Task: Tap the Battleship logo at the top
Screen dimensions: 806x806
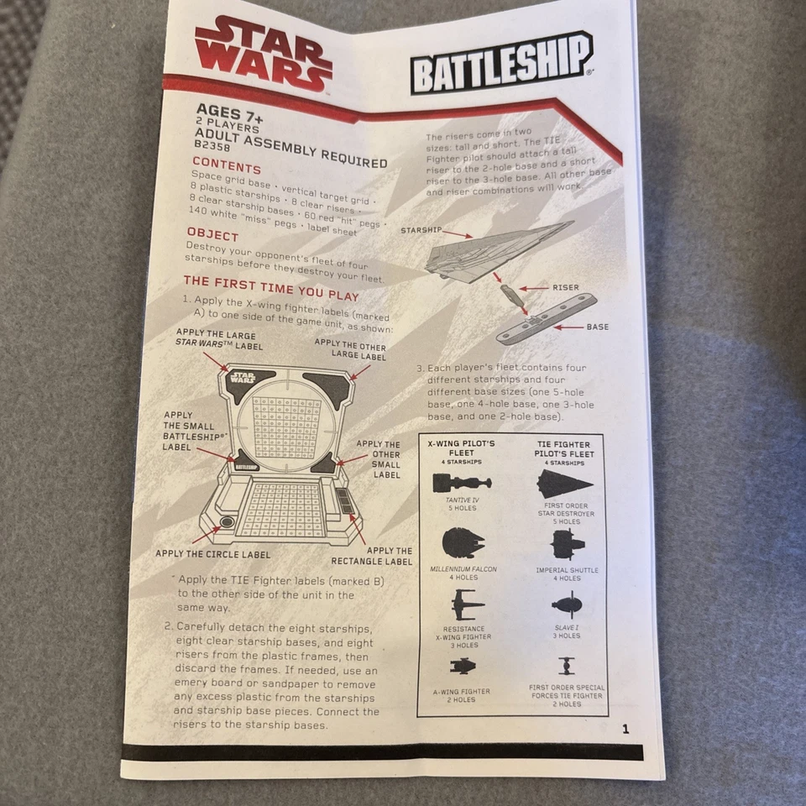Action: (500, 62)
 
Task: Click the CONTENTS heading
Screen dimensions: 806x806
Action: (227, 167)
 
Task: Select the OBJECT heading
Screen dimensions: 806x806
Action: (212, 234)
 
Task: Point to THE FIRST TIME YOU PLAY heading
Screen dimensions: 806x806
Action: (270, 288)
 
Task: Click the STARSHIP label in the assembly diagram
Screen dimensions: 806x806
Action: (421, 230)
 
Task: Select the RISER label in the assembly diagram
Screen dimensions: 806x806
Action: (564, 287)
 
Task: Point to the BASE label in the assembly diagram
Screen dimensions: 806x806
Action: (598, 327)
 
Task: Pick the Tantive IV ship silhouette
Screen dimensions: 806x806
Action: (462, 483)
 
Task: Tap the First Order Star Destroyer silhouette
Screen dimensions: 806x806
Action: (565, 484)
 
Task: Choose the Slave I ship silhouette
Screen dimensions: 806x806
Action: (568, 604)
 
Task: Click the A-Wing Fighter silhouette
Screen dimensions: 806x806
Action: (463, 667)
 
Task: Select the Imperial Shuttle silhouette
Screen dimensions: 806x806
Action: (568, 545)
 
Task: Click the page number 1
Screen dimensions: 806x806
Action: (625, 729)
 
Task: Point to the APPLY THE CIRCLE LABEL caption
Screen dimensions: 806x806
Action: (212, 554)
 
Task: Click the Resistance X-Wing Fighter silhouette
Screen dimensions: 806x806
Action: (466, 603)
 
